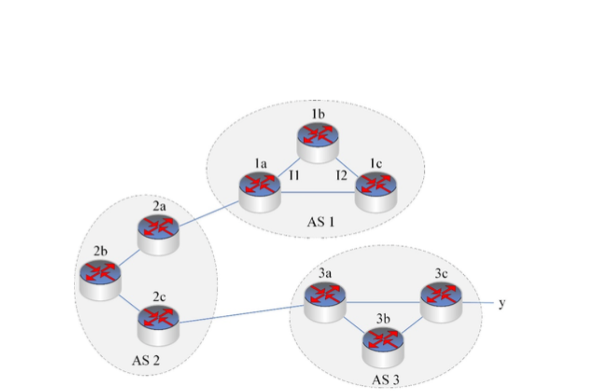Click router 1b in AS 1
pos(318,141)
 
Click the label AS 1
pos(320,222)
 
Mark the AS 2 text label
pos(146,361)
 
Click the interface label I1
pos(293,174)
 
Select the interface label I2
pos(342,174)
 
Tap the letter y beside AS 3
pos(502,304)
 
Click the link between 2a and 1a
pos(209,214)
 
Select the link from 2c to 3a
pos(240,314)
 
